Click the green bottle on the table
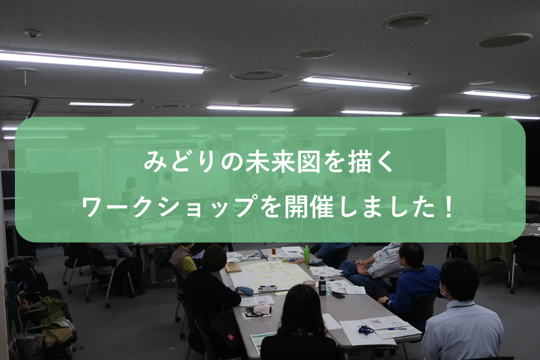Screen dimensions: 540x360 coord(307,254)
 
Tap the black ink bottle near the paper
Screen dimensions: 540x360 coord(322,286)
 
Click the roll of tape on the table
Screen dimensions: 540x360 coord(309,284)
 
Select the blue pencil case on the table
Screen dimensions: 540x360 coord(245,291)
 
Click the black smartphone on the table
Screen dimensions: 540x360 coord(338,295)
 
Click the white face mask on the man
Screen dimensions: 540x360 coord(444,293)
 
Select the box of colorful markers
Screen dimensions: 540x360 coord(293,259)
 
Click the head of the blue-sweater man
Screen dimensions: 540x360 coord(411,256)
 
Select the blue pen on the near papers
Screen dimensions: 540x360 coord(396,328)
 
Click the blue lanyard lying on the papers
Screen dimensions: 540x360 coord(366,330)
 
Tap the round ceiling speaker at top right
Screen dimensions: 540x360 coord(504,40)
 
